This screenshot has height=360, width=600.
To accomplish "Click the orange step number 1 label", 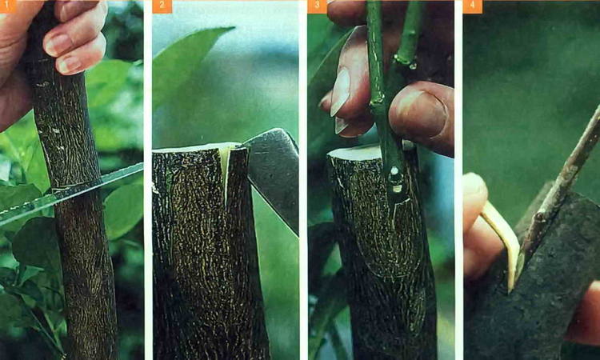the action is [x=8, y=6].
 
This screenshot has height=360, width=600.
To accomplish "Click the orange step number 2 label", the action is [x=162, y=6].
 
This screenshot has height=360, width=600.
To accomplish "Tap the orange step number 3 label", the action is [x=317, y=6].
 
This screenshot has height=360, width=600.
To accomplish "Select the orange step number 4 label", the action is [x=472, y=6].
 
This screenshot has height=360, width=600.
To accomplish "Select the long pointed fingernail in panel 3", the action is [x=341, y=92].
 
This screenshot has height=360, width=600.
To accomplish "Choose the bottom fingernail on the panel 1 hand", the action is [x=70, y=64].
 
